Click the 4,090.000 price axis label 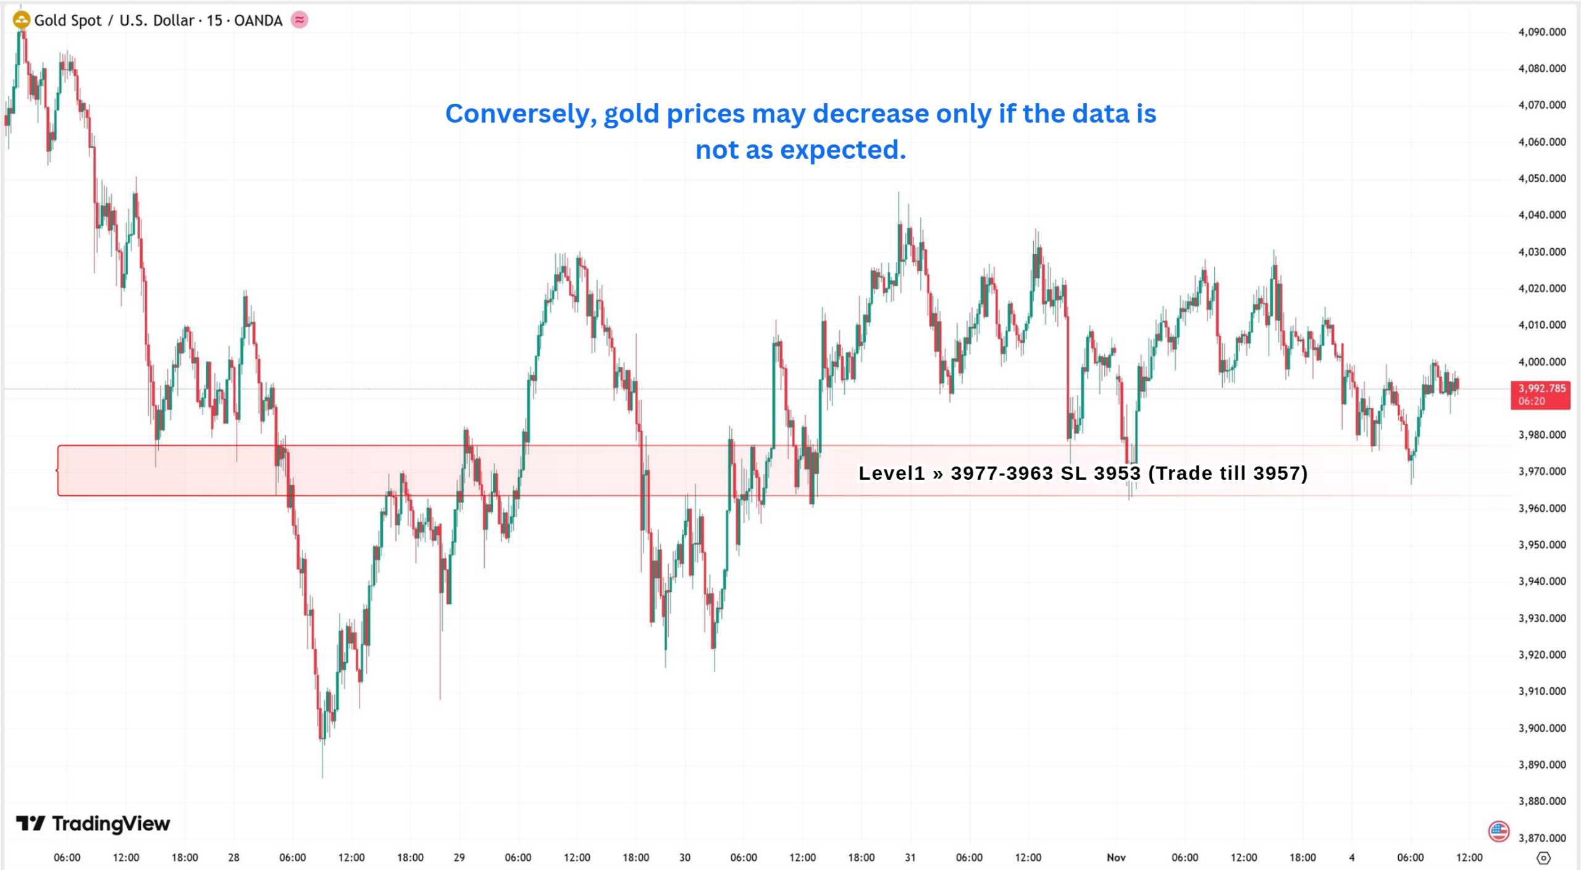pyautogui.click(x=1541, y=32)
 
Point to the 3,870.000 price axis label pyautogui.click(x=1541, y=838)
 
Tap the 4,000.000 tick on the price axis pyautogui.click(x=1541, y=362)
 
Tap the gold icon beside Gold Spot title pyautogui.click(x=22, y=20)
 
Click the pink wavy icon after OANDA pyautogui.click(x=300, y=20)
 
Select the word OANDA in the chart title pyautogui.click(x=258, y=21)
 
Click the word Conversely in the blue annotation pyautogui.click(x=521, y=114)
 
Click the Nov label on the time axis pyautogui.click(x=1116, y=858)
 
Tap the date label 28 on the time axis pyautogui.click(x=233, y=858)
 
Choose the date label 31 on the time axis pyautogui.click(x=910, y=858)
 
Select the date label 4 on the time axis pyautogui.click(x=1351, y=858)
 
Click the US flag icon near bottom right pyautogui.click(x=1499, y=831)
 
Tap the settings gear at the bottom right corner pyautogui.click(x=1543, y=858)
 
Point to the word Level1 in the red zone pyautogui.click(x=891, y=474)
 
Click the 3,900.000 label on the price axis pyautogui.click(x=1541, y=728)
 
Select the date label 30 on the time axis pyautogui.click(x=685, y=858)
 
